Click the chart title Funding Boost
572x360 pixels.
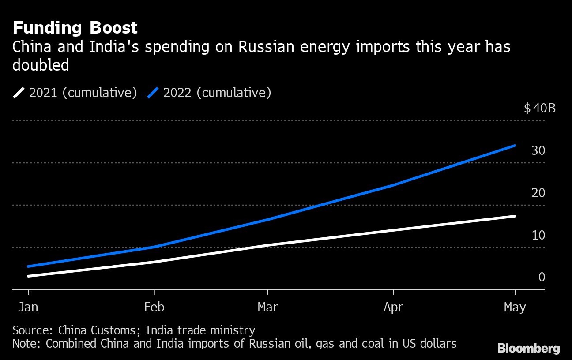pos(75,28)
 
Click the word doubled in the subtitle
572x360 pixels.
pos(41,65)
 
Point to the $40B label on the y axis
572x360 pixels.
pos(539,108)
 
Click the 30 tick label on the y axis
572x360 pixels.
pos(538,150)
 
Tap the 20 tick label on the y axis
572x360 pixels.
pos(538,193)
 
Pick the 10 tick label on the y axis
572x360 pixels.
pos(538,235)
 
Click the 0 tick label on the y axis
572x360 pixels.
pos(542,277)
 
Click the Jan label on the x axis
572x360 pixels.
pos(29,307)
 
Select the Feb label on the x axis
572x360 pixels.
pos(154,307)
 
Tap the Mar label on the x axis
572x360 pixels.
pos(268,307)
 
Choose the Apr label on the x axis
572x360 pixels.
pos(393,307)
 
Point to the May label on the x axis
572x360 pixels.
pos(515,307)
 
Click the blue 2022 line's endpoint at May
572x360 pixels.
pos(515,145)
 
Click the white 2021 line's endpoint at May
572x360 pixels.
pos(515,216)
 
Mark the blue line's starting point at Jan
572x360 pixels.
pos(29,266)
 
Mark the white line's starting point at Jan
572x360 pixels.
pos(29,276)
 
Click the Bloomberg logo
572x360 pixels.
pos(528,349)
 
